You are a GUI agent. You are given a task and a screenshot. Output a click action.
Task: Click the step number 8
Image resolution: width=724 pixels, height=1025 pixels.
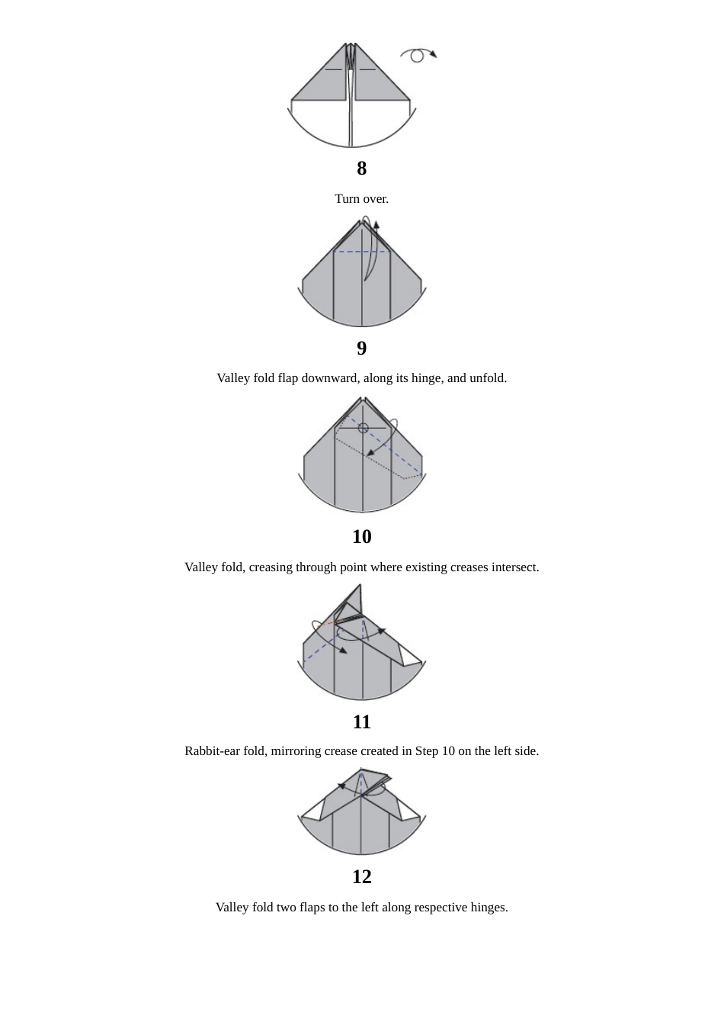point(361,168)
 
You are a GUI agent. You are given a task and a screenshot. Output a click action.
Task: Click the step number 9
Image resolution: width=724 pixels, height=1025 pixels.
point(361,348)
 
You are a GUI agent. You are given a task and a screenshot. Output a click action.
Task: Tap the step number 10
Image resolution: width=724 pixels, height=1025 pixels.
point(361,536)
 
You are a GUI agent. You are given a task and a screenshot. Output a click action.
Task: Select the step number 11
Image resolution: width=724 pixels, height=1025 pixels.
point(361,721)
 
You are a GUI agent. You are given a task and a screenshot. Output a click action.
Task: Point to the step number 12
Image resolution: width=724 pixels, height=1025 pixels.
point(361,876)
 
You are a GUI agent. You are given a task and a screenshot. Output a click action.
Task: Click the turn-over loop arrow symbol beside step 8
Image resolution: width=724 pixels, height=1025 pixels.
point(417,55)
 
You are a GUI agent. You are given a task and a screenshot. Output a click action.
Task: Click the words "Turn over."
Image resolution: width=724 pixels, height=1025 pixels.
point(361,199)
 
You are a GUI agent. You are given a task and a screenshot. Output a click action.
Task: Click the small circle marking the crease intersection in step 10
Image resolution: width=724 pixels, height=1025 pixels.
point(364,428)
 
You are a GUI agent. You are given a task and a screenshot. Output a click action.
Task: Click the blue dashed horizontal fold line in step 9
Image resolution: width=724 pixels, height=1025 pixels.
point(358,252)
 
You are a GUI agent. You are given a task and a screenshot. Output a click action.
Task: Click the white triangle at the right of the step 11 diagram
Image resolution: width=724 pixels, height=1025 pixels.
point(411,657)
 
